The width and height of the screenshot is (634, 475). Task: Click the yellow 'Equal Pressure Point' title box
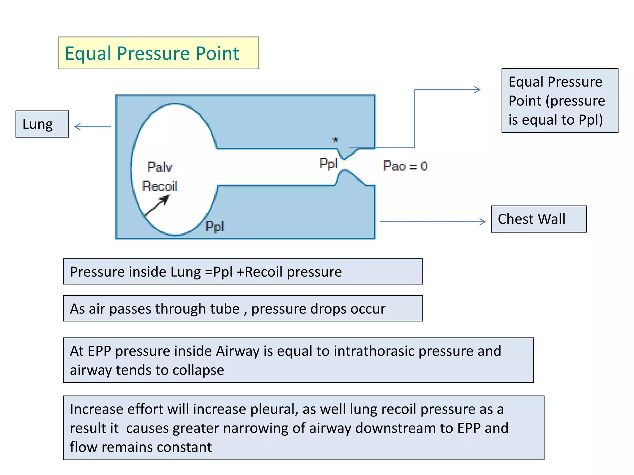(x=158, y=53)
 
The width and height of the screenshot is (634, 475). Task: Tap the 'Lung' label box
(x=42, y=124)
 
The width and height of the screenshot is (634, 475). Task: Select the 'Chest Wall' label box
(x=538, y=219)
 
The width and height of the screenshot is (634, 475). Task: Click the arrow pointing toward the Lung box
(x=92, y=126)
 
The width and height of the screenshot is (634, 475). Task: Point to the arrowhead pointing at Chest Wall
(x=482, y=222)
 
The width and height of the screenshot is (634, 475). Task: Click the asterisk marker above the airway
(x=335, y=140)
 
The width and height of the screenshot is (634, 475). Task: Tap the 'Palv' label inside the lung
(x=159, y=167)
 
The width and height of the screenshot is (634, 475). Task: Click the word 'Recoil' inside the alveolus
(x=160, y=186)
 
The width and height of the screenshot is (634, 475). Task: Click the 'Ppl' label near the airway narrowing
(x=328, y=163)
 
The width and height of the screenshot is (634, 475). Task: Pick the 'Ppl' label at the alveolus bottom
(x=215, y=226)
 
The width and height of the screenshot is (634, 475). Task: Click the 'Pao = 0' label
(x=405, y=166)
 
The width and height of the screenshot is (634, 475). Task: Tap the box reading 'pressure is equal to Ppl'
(x=559, y=101)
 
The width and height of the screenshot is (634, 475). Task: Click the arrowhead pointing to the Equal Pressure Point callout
(x=477, y=90)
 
